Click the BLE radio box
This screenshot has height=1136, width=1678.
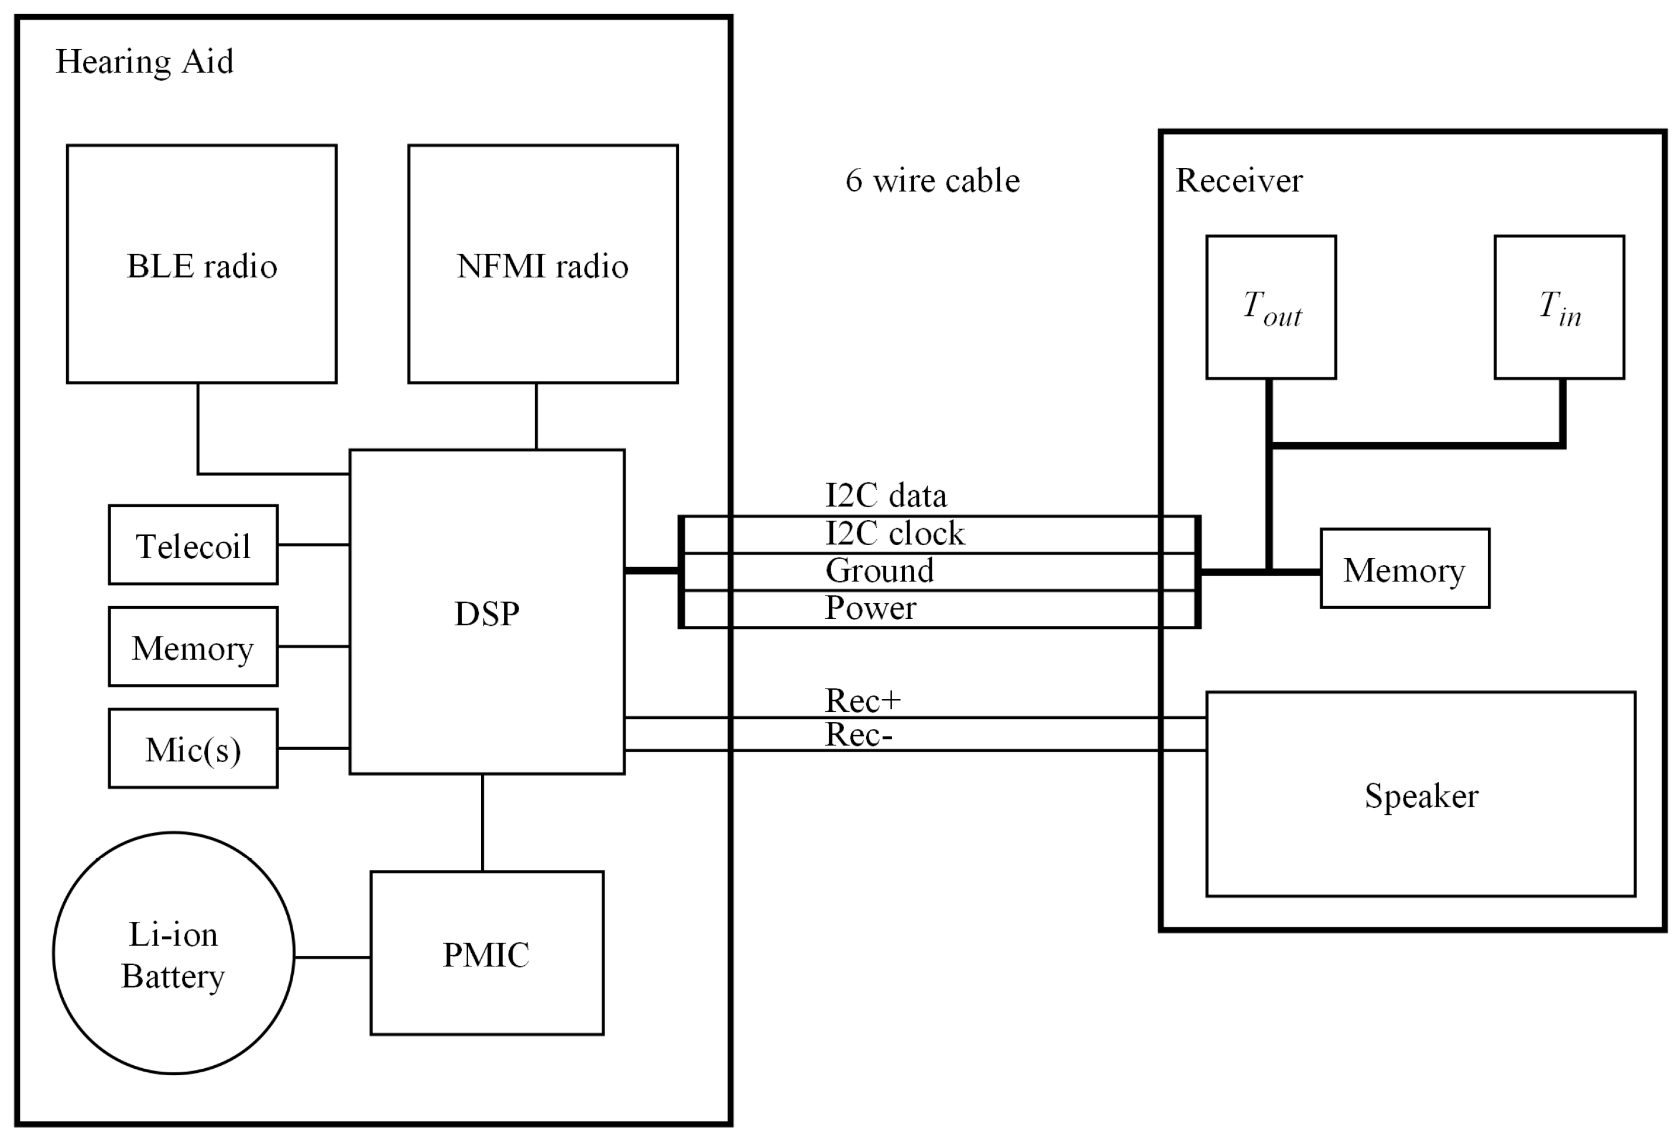(x=201, y=264)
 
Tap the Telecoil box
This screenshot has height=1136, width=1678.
(x=193, y=545)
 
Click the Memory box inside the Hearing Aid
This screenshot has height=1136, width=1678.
(x=193, y=646)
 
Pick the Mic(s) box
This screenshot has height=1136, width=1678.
(x=193, y=748)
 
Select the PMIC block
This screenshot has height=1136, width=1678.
(x=486, y=953)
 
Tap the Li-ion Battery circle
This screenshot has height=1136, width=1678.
(x=173, y=953)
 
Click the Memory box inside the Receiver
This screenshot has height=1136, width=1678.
(x=1404, y=569)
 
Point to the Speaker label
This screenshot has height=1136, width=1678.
(x=1421, y=796)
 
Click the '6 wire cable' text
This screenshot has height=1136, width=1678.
(x=932, y=180)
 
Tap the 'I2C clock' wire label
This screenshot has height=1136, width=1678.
(x=894, y=533)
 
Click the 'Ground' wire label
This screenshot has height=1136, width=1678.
(x=880, y=570)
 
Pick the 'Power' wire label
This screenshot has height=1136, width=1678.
(x=870, y=608)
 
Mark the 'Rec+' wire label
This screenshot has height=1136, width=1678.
(x=863, y=700)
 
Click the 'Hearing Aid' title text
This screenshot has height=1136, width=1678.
(x=145, y=62)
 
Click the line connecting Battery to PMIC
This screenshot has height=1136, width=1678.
(x=332, y=957)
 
